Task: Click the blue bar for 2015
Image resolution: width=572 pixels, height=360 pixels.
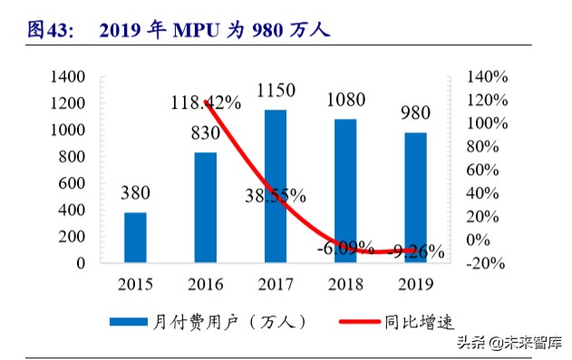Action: [x=136, y=238]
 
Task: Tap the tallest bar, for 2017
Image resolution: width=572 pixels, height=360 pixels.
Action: [x=276, y=186]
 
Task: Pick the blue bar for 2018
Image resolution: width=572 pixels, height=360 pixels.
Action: [x=345, y=190]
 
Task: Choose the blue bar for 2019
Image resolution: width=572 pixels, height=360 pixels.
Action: [x=415, y=198]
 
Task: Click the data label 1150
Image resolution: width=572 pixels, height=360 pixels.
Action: [x=276, y=92]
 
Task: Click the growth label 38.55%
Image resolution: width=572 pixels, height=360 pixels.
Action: [x=276, y=195]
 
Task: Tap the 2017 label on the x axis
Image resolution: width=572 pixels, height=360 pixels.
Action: [x=276, y=283]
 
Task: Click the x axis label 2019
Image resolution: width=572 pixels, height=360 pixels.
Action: [x=415, y=283]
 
